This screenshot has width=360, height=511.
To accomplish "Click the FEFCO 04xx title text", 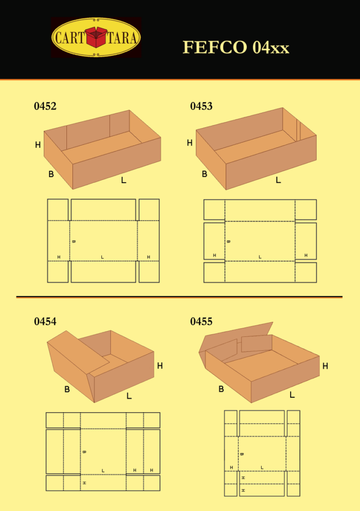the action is click(x=236, y=47).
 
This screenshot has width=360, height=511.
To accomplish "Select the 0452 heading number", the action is click(x=45, y=106).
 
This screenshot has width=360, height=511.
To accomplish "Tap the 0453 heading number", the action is click(x=201, y=106).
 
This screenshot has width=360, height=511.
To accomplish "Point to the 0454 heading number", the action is click(x=45, y=321).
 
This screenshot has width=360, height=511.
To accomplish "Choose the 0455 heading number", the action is click(x=201, y=321).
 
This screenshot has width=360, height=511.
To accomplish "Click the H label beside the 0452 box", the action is click(x=38, y=145).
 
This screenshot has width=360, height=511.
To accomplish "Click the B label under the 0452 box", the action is click(x=51, y=174).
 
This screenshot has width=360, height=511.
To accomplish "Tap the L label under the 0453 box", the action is click(x=278, y=180).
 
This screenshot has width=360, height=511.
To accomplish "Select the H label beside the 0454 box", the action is click(x=160, y=366).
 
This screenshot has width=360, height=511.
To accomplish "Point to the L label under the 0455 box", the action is click(x=292, y=395).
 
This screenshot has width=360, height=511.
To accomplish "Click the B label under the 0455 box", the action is click(x=221, y=389).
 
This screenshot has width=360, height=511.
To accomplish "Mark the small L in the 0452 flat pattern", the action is click(x=102, y=257).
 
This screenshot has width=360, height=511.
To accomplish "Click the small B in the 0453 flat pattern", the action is click(x=228, y=242).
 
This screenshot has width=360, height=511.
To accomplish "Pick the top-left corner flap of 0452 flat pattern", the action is click(x=58, y=210).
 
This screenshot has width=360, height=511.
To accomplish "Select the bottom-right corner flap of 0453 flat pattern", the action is click(x=306, y=272).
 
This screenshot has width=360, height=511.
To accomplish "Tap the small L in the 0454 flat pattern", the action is click(x=103, y=470).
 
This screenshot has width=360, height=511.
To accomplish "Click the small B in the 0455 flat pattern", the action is click(x=242, y=454).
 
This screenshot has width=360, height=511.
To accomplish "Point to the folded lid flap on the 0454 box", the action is click(x=78, y=352).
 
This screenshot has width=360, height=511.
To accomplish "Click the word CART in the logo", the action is click(x=70, y=37).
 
